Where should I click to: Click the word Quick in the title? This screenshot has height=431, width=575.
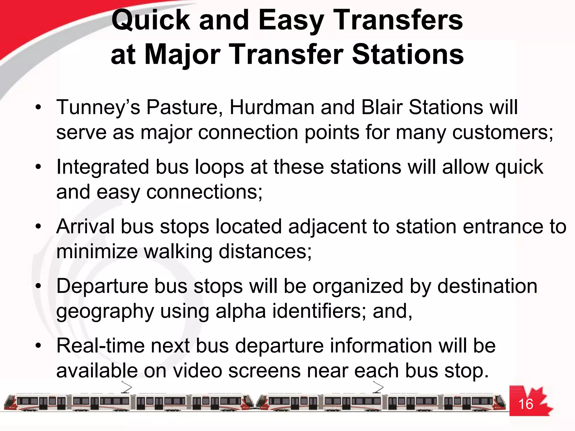coord(151,20)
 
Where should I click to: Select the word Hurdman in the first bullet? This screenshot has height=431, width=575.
coord(272,107)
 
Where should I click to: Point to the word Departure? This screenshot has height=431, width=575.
coord(102,286)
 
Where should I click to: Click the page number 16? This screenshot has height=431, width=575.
coord(525,404)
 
